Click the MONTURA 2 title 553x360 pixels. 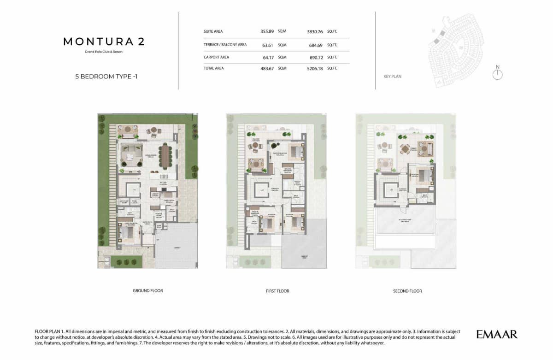click(104, 41)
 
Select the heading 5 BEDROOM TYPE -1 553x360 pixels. click(106, 77)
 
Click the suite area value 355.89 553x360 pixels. click(267, 31)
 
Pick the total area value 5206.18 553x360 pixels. click(316, 68)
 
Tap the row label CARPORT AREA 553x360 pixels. click(216, 57)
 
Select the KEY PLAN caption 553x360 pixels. click(392, 77)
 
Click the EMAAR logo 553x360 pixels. click(497, 334)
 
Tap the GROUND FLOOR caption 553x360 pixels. click(147, 291)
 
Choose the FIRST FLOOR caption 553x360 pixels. click(277, 291)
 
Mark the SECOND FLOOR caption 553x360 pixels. click(407, 291)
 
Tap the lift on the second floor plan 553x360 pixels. click(391, 190)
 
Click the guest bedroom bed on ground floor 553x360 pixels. click(127, 231)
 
